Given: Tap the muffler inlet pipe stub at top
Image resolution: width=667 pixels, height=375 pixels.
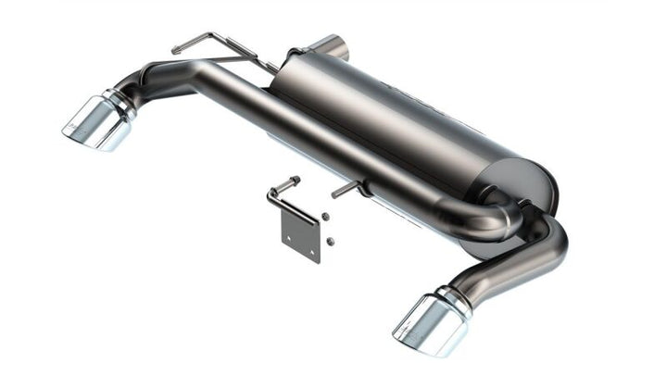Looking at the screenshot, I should point(333,45).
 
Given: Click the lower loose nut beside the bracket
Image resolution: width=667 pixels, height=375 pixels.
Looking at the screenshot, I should point(332,242).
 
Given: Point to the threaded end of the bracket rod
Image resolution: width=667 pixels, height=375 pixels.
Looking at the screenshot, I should point(295,179).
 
